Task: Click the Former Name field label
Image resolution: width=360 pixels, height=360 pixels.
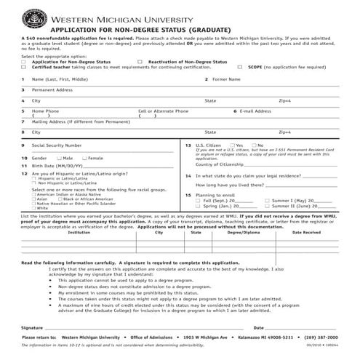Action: point(225,79)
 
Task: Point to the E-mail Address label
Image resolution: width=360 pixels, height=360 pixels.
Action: point(256,111)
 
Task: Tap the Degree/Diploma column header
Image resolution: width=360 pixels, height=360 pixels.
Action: point(243,233)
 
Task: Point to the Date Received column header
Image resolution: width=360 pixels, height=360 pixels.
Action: point(306,233)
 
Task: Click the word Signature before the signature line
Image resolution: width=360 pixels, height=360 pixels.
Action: point(33,328)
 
